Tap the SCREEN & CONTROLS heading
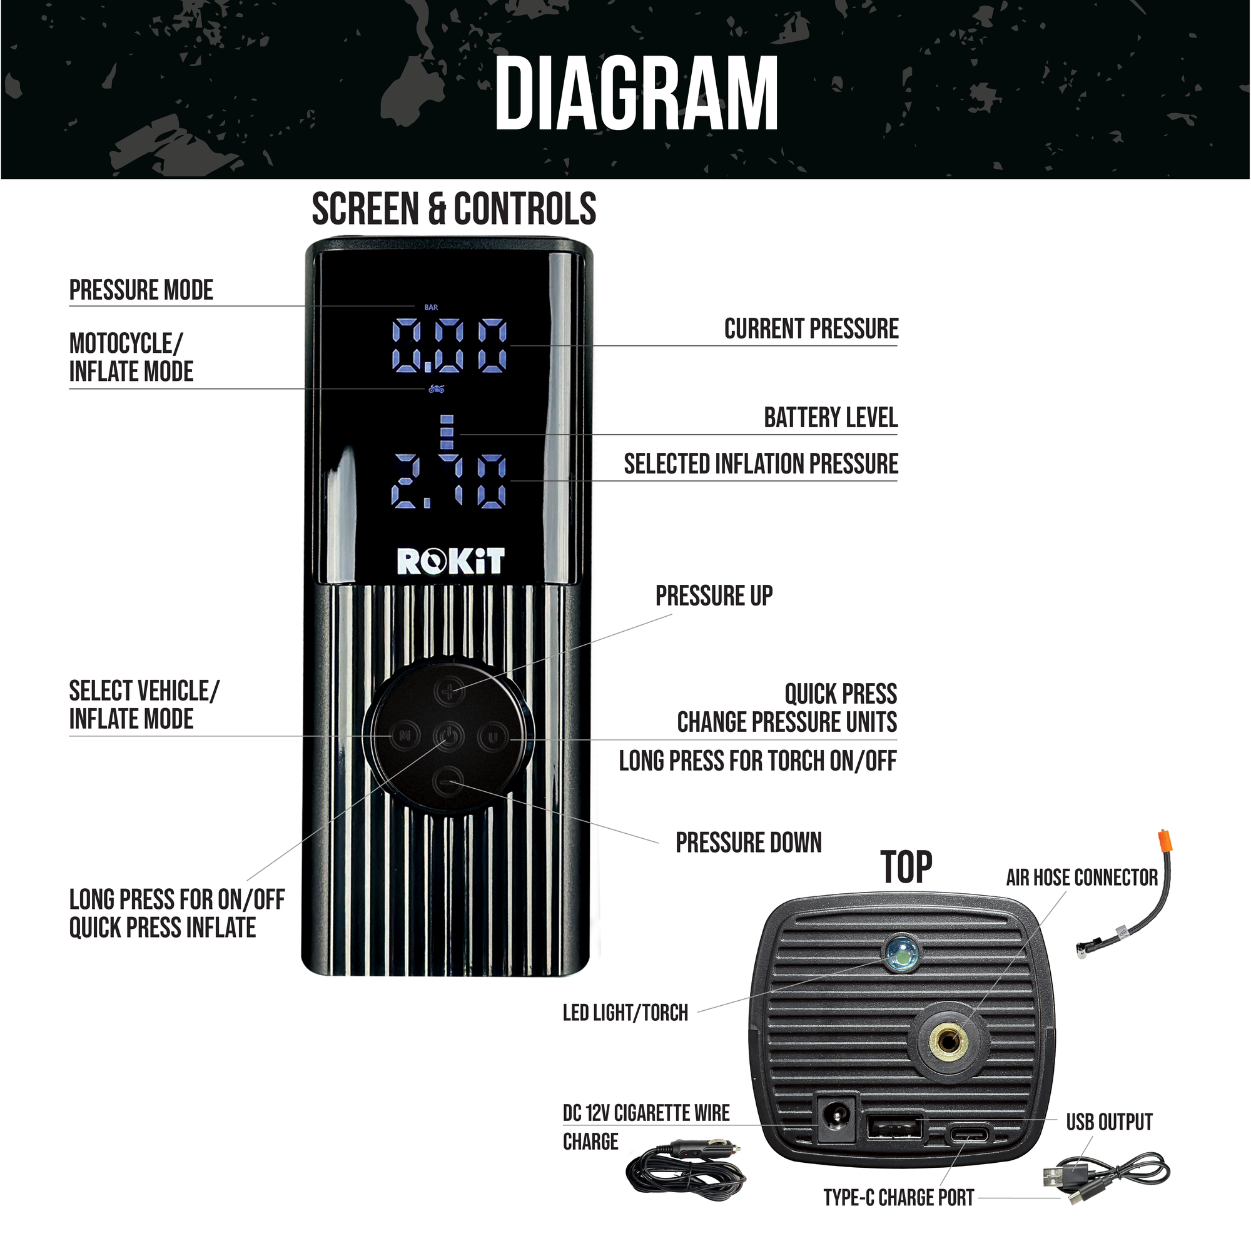(453, 209)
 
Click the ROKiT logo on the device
(450, 562)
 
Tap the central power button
(448, 736)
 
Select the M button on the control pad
(405, 736)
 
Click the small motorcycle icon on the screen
(437, 388)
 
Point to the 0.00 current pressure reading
(449, 346)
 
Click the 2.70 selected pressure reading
(449, 481)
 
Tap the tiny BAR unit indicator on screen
(431, 308)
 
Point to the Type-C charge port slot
(970, 1135)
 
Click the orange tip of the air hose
(1163, 845)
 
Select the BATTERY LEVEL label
(830, 418)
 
